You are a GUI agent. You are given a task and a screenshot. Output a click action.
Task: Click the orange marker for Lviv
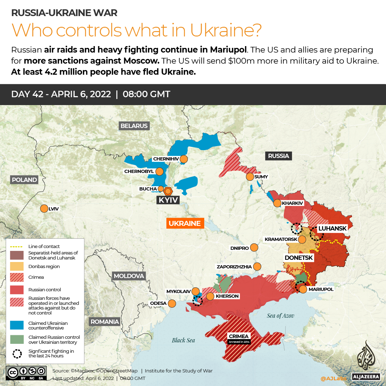point(44,208)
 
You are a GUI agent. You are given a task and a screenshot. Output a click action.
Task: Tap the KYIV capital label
point(168,200)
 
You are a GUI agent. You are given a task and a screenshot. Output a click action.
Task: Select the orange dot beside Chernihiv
point(184,159)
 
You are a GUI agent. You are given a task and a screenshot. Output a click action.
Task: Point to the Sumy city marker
point(250,177)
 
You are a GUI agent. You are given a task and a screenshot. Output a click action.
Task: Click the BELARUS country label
point(134,126)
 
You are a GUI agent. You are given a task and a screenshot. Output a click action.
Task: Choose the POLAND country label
point(24,180)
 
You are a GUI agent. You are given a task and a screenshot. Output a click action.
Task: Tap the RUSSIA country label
point(279,156)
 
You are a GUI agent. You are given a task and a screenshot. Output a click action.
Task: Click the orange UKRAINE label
point(185,223)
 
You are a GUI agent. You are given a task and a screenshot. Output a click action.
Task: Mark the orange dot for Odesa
point(172,303)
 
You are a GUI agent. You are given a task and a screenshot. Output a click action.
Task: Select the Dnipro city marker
point(254,248)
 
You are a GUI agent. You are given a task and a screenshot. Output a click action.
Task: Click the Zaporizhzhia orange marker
point(257,267)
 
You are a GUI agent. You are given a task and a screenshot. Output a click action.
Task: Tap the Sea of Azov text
point(280,316)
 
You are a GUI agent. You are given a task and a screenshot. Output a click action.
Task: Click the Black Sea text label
point(183,340)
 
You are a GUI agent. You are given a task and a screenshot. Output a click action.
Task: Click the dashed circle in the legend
point(17,353)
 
